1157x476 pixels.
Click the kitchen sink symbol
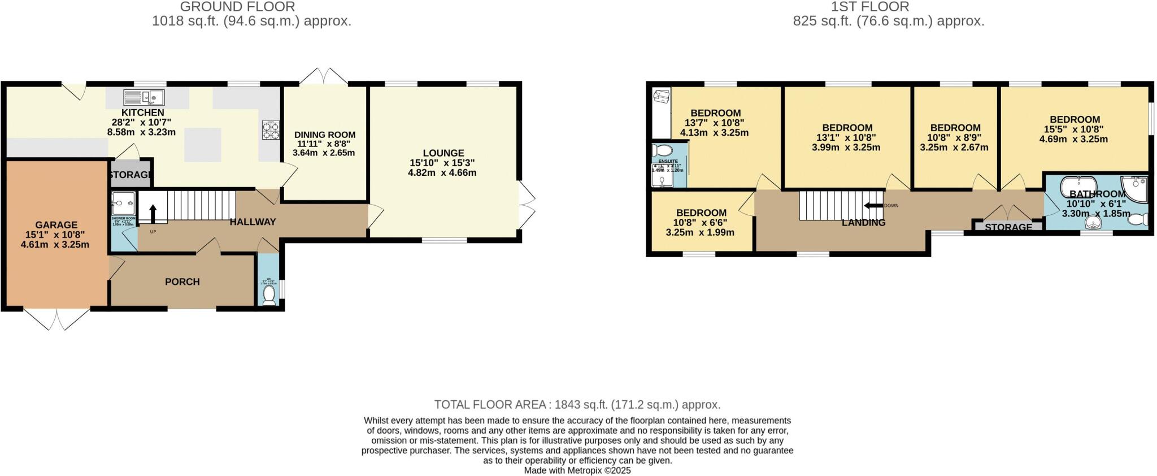click(144, 98)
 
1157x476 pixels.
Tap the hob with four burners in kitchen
click(271, 130)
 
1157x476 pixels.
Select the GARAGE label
click(56, 224)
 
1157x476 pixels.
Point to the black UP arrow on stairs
click(153, 214)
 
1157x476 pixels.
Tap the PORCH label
click(182, 282)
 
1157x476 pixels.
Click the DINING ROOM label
click(324, 135)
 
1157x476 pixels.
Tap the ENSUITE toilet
click(660, 150)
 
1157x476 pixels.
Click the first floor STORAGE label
click(1008, 227)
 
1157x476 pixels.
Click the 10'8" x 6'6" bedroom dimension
click(701, 223)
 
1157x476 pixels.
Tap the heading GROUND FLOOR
click(237, 7)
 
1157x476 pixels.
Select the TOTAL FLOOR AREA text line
click(577, 405)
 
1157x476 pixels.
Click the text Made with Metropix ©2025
click(577, 470)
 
